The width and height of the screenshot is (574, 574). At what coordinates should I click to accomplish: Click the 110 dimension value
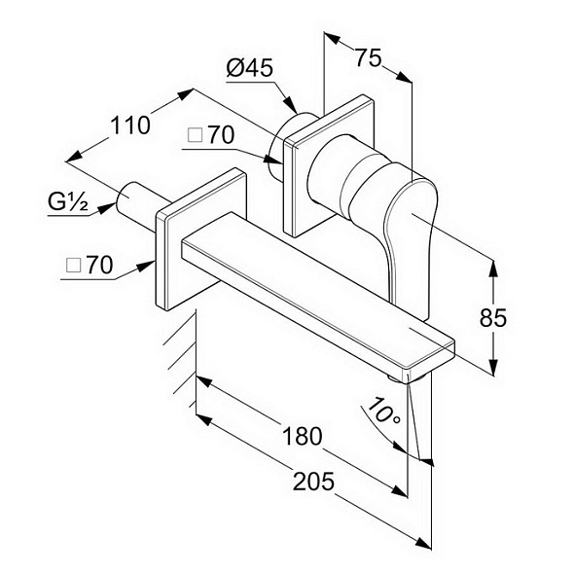coord(130,125)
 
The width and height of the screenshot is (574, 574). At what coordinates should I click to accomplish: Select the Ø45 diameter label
coord(250,68)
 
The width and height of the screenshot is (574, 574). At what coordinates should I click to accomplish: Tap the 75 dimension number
coord(369,57)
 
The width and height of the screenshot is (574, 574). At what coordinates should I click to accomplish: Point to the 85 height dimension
coord(493,317)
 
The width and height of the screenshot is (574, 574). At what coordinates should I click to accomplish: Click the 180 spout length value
coord(303,436)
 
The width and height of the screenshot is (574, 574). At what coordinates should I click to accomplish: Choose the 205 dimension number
coord(313,481)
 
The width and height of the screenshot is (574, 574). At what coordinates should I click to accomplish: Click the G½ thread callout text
coord(68,202)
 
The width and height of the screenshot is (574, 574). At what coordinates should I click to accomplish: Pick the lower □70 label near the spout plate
coord(90,265)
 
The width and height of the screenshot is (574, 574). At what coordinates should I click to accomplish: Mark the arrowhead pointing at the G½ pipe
coord(106,208)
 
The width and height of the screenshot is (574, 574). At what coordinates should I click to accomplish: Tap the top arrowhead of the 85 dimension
coord(493,269)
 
